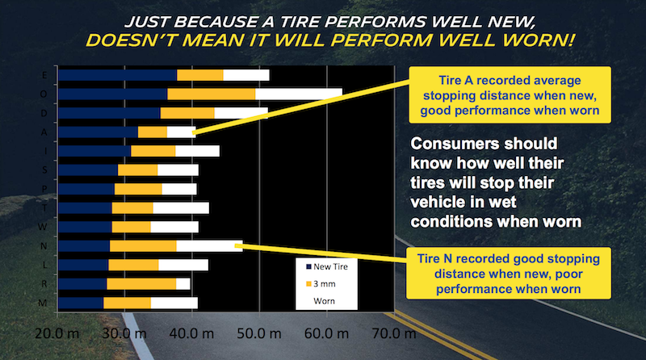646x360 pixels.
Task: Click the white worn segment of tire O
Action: point(299,94)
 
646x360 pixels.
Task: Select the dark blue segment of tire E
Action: point(118,75)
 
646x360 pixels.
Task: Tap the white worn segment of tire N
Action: point(209,245)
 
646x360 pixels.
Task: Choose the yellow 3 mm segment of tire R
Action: point(141,283)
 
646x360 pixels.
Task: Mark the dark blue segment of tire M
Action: point(81,303)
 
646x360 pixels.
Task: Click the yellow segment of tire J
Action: point(153,151)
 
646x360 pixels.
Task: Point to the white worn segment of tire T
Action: point(181,207)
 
